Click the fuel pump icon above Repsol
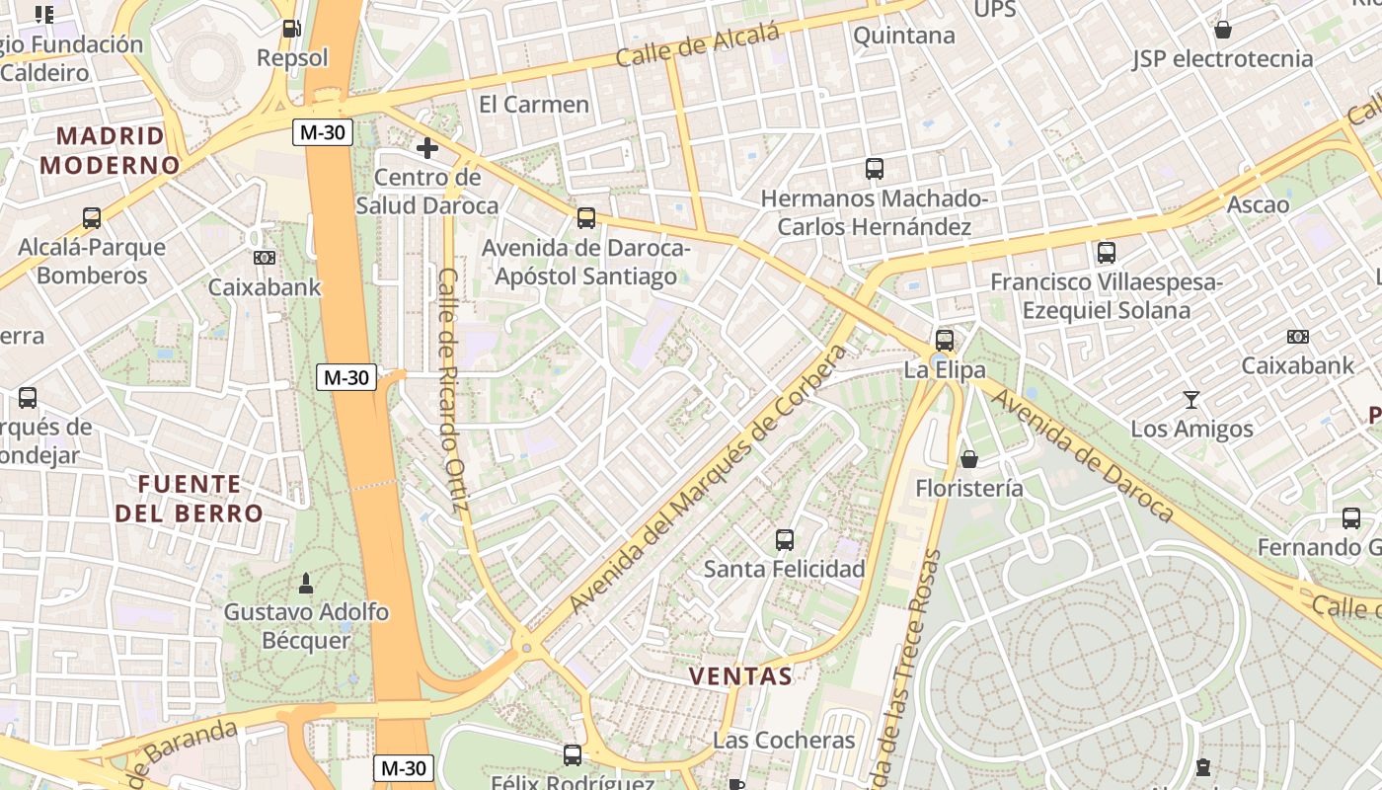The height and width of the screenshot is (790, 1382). [x=291, y=29]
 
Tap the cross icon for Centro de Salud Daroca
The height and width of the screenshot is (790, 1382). [x=426, y=148]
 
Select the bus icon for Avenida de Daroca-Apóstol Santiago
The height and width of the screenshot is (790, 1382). [x=586, y=218]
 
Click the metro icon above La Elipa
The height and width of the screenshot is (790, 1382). [x=945, y=341]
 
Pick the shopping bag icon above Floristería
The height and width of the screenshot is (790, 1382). [x=969, y=459]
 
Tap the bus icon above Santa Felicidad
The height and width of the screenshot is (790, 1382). [x=785, y=540]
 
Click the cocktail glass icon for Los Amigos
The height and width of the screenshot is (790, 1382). [x=1191, y=400]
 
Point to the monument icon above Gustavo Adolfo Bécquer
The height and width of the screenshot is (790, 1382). [x=306, y=583]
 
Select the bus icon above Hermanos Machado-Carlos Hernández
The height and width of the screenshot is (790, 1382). [x=874, y=169]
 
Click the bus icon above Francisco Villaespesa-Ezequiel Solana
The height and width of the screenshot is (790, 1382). [x=1106, y=253]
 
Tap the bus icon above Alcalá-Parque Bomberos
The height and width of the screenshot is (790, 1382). [x=92, y=218]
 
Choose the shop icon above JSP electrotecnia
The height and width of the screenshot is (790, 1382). [x=1222, y=30]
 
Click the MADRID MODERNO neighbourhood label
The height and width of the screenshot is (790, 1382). [x=110, y=150]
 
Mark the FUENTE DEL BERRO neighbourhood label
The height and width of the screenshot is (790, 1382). [x=190, y=499]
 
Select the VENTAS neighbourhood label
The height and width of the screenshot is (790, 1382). [x=740, y=676]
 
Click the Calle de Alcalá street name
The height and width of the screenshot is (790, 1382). [x=697, y=45]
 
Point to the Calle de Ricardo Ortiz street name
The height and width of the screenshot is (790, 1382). [x=451, y=391]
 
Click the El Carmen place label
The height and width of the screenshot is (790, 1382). [x=533, y=105]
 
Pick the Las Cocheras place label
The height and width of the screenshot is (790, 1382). [x=784, y=740]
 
